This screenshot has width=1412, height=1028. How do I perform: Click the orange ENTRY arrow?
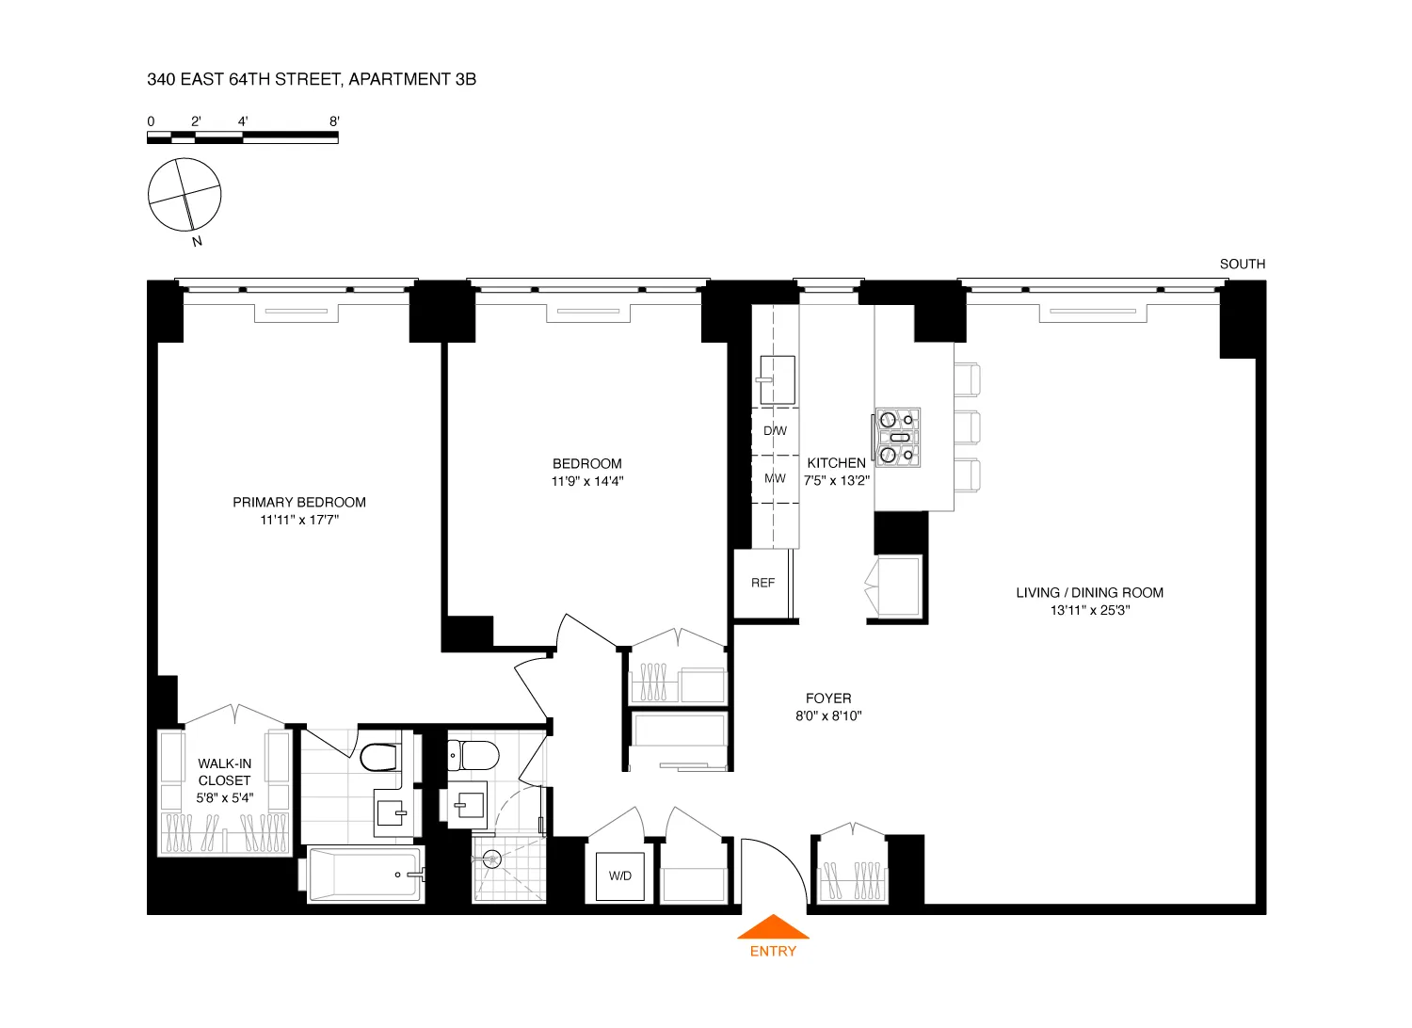point(773,927)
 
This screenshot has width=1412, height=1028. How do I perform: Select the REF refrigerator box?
point(762,583)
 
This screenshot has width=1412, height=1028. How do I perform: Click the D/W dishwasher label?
point(775,431)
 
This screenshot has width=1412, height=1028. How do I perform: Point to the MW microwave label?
point(775,478)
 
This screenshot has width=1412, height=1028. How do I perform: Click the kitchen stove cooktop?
point(897,438)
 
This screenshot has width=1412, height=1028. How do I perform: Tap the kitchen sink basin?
point(778,379)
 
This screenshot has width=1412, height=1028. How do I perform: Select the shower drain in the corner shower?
point(491,859)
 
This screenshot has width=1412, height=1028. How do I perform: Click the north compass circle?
point(185,195)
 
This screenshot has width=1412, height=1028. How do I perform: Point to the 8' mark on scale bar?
point(334,121)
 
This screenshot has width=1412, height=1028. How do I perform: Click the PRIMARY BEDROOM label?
point(299,502)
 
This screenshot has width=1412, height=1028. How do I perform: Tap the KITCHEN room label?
point(836,463)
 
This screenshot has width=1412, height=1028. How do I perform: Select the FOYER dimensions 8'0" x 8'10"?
point(828,715)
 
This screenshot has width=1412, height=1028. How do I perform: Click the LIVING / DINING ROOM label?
point(1089,592)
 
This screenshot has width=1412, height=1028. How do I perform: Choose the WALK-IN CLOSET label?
point(224,772)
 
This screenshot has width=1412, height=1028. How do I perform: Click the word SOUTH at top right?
point(1242,265)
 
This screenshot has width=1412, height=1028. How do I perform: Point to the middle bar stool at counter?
point(967,427)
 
